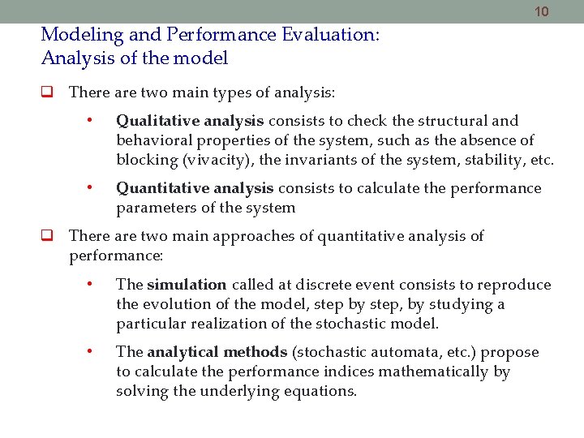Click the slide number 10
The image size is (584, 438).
tap(542, 11)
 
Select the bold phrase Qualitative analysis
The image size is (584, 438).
tap(190, 121)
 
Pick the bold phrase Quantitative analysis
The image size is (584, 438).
tap(195, 188)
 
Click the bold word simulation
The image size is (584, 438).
tap(187, 285)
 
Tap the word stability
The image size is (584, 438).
tap(494, 160)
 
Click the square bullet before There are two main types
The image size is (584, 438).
tap(47, 92)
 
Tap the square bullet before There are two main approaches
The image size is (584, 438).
tap(47, 237)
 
